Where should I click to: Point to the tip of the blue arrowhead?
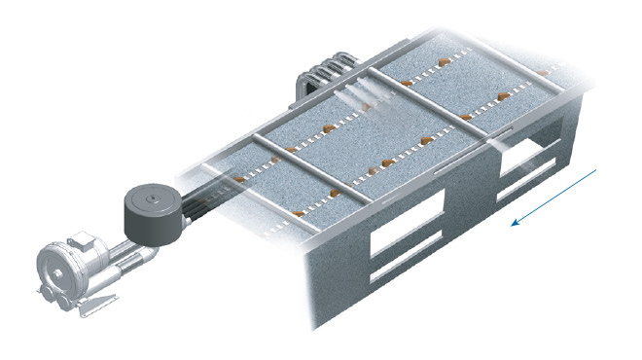514,223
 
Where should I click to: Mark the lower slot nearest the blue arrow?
530,187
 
